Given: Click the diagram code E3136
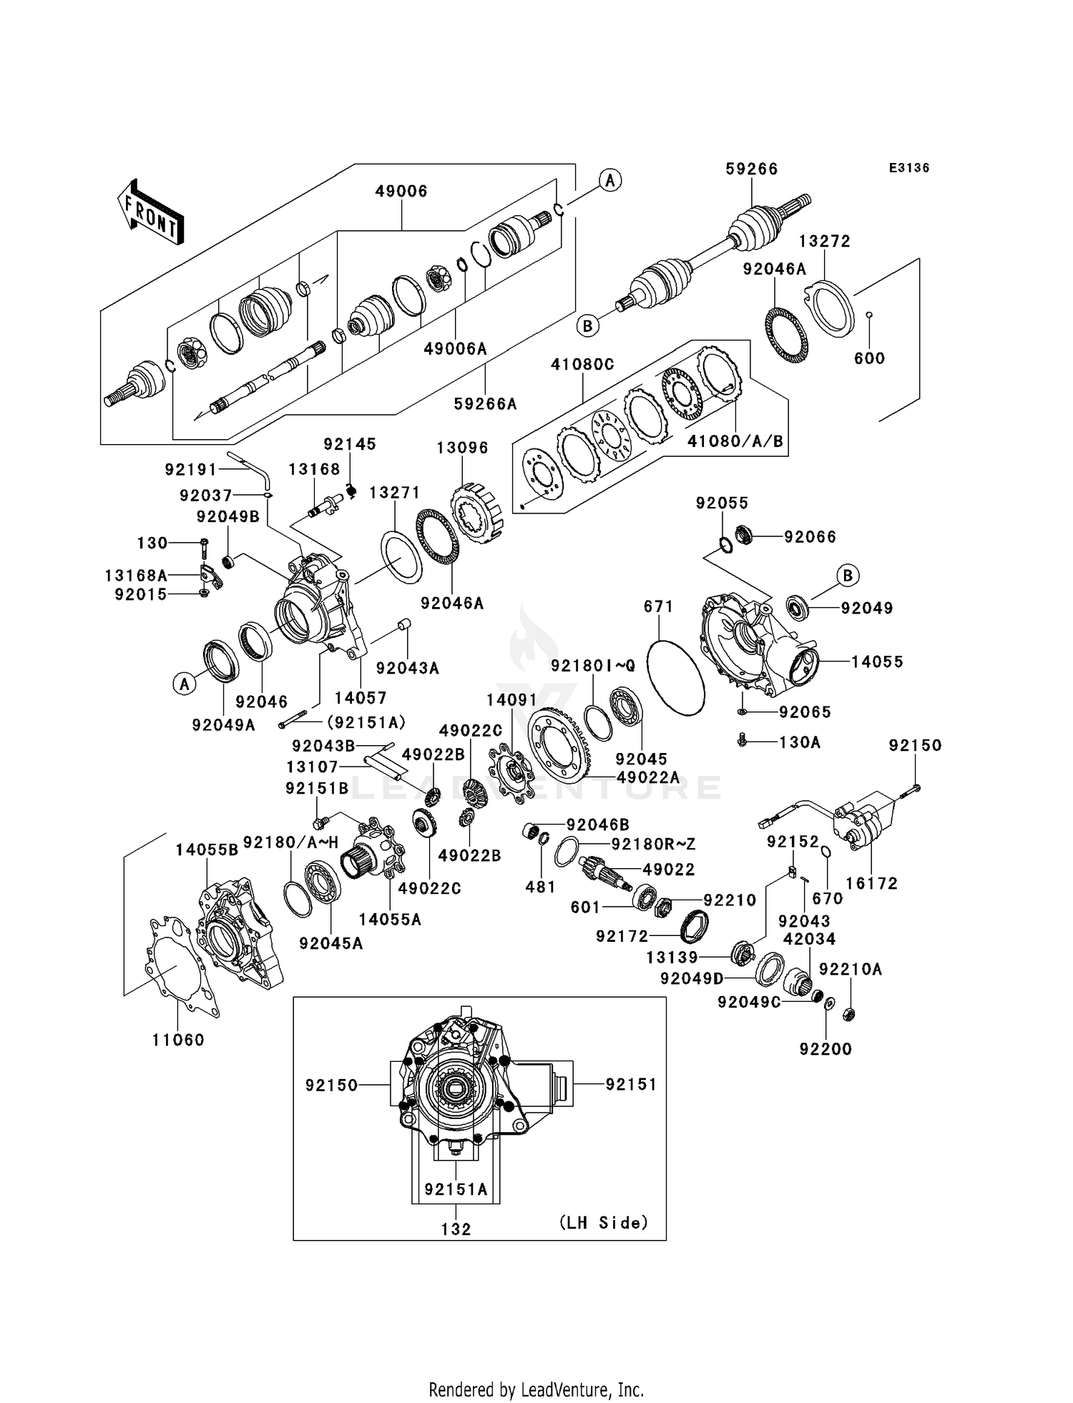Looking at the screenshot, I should pos(908,168).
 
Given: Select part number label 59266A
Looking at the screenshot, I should pos(485,404).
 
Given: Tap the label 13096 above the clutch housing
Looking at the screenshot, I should pos(462,448).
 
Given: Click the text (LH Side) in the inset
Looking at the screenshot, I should pos(603,1223).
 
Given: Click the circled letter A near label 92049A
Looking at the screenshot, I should pos(185,684).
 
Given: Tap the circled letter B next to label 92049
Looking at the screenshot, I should pos(848,575).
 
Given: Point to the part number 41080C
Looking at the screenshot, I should pos(582,364).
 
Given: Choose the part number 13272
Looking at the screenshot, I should pos(825,242).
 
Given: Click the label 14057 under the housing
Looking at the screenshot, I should pos(361,697).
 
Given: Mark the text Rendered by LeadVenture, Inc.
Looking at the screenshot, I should pos(536,1389).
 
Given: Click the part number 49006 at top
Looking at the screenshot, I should pos(401,191).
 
